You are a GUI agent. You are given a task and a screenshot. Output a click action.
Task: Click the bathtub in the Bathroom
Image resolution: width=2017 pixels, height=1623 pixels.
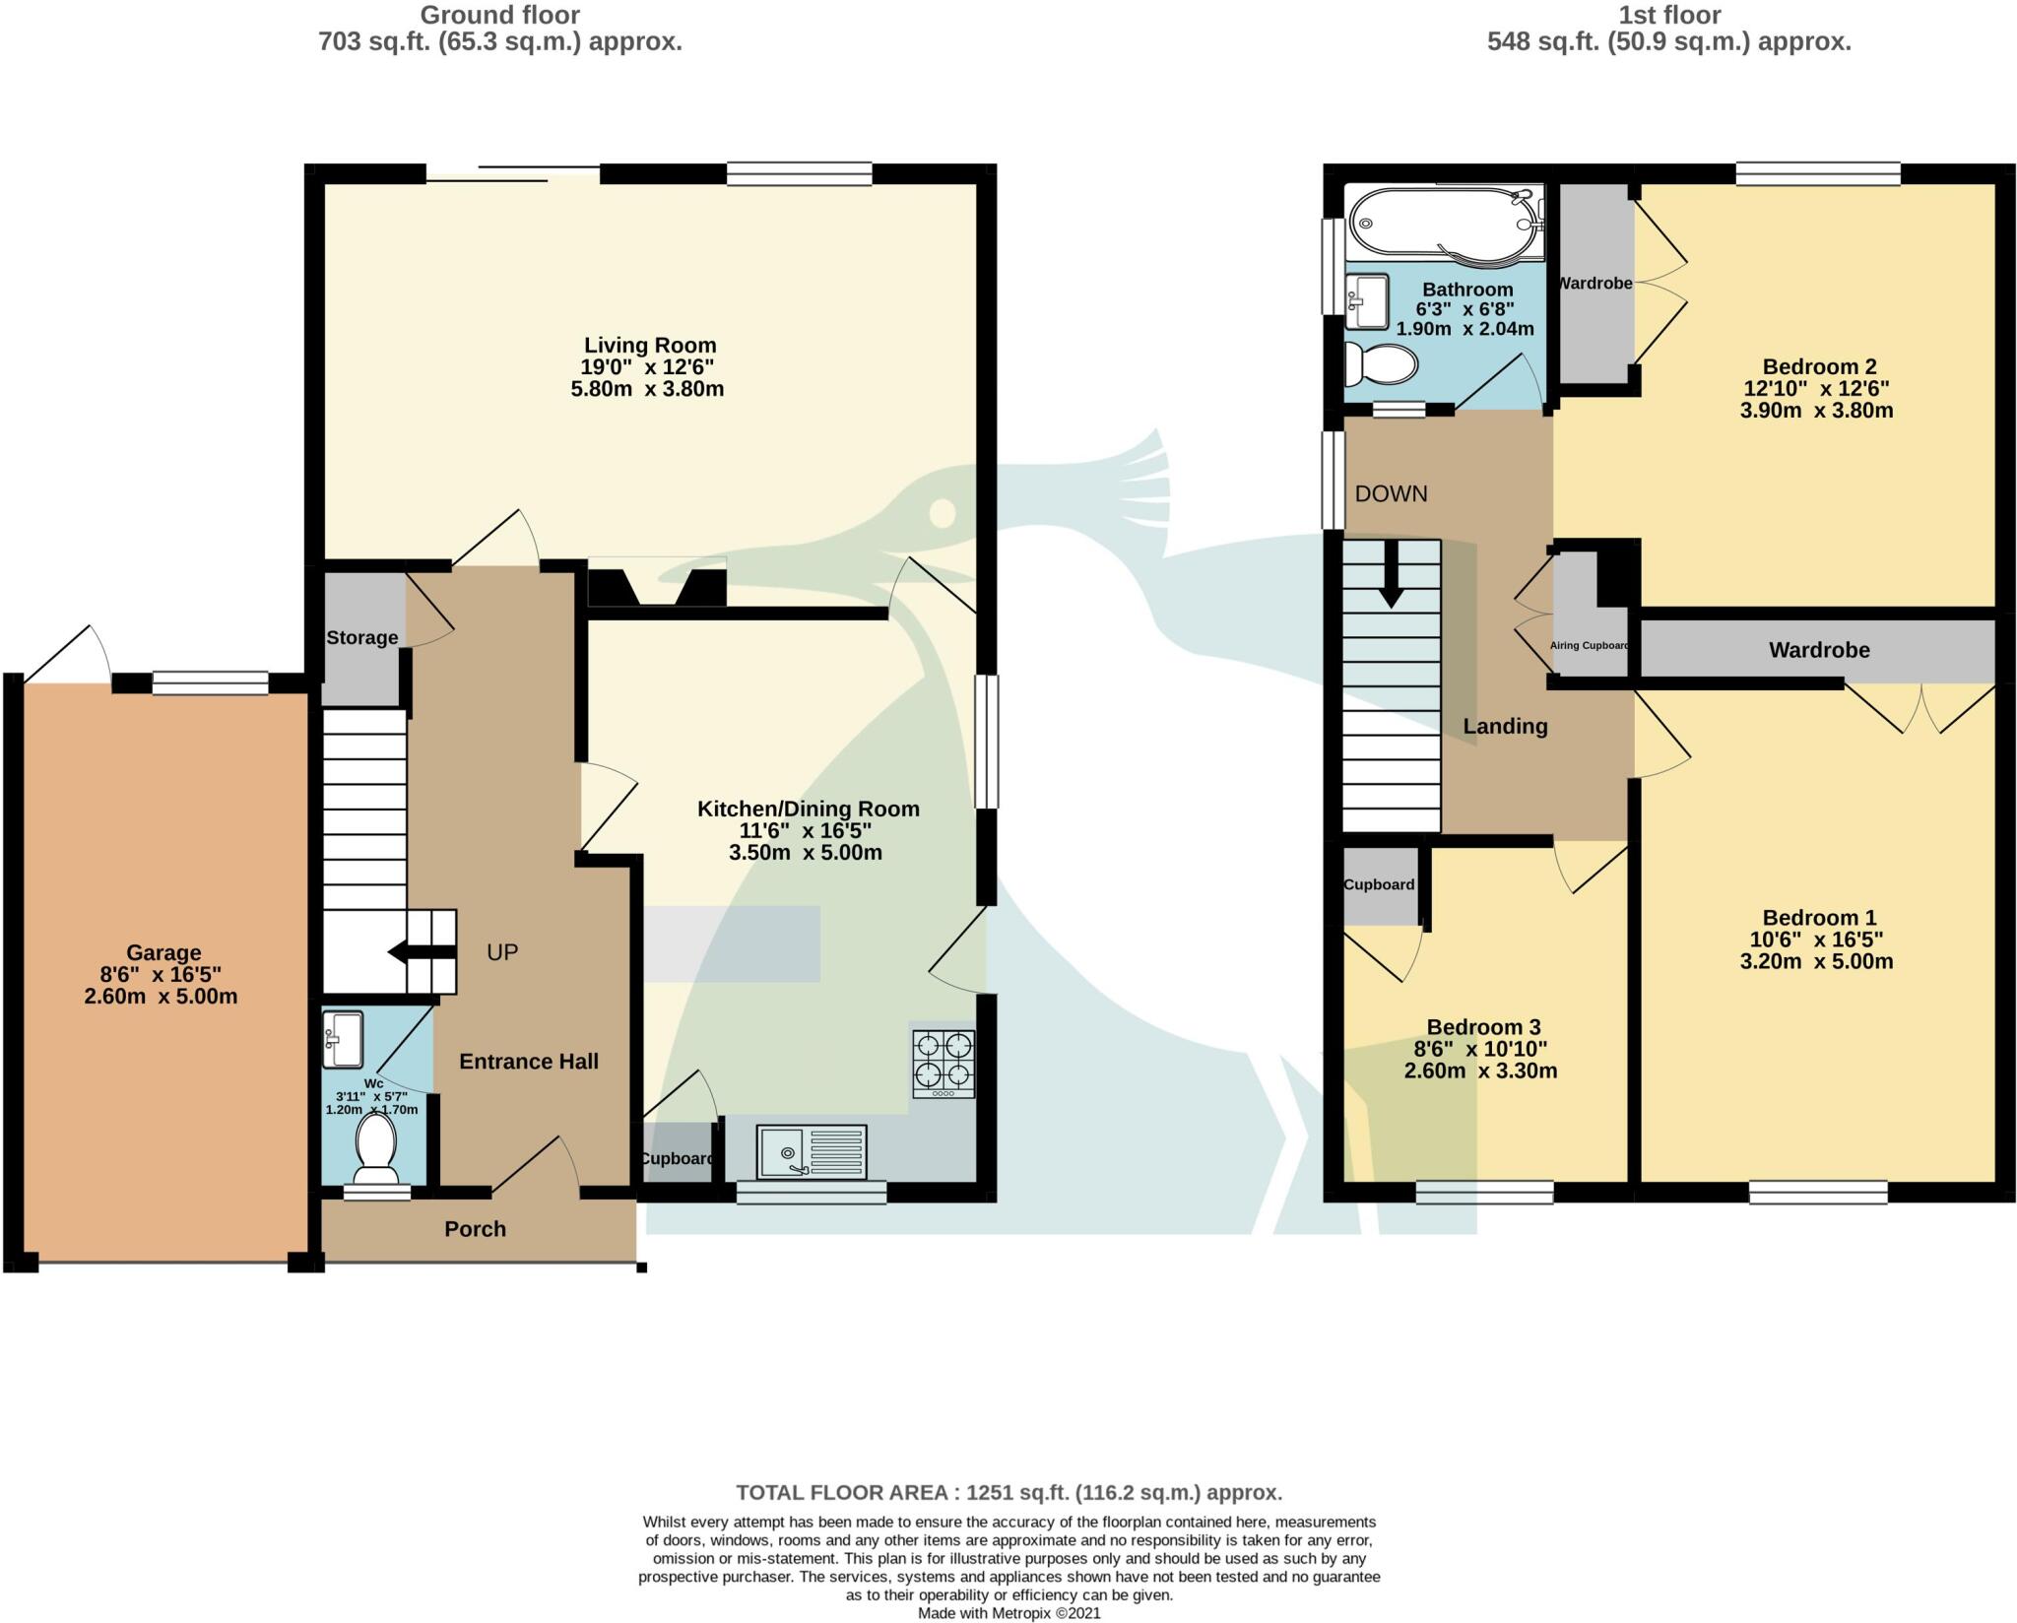1443,226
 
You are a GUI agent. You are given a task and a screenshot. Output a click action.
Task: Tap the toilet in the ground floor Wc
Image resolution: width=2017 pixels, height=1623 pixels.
375,1148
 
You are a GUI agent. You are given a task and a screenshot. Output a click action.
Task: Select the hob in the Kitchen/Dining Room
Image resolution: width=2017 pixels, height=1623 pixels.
943,1064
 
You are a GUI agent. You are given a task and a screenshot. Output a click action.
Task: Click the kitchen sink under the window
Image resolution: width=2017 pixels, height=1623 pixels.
811,1151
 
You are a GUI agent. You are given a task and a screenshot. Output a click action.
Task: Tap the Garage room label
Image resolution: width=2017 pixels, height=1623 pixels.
163,952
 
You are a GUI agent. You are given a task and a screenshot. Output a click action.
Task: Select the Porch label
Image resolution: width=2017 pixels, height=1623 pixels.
475,1229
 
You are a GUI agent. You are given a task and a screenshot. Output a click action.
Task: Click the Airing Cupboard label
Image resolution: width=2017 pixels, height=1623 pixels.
1589,646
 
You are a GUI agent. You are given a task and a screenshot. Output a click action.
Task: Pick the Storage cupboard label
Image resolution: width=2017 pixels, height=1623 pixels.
361,637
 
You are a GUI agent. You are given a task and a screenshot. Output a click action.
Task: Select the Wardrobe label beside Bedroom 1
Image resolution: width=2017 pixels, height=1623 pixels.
1818,650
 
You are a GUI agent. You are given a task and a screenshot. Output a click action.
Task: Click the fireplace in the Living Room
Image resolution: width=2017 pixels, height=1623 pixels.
657,586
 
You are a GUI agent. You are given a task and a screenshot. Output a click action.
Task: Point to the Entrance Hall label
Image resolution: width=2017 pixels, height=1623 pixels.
529,1062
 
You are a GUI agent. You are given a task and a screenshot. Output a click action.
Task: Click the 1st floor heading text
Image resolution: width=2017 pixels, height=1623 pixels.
1668,16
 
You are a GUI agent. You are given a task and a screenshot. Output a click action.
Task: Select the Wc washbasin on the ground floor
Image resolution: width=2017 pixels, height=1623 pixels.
343,1040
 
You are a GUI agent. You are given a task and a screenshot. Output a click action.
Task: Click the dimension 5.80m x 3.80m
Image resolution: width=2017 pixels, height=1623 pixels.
647,389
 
